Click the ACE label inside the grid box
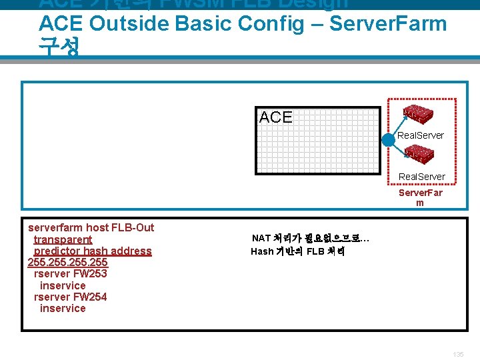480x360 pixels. tap(276, 117)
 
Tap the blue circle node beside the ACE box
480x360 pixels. tap(389, 141)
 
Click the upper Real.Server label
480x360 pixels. tap(421, 135)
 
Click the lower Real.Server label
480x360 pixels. tap(422, 177)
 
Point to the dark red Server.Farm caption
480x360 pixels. tap(420, 197)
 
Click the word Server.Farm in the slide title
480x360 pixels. tap(388, 24)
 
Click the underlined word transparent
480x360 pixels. tap(63, 239)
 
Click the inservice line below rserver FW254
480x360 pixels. tap(63, 308)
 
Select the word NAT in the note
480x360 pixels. tap(261, 238)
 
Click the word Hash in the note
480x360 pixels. tap(262, 251)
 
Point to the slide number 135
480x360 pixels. tap(457, 354)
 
